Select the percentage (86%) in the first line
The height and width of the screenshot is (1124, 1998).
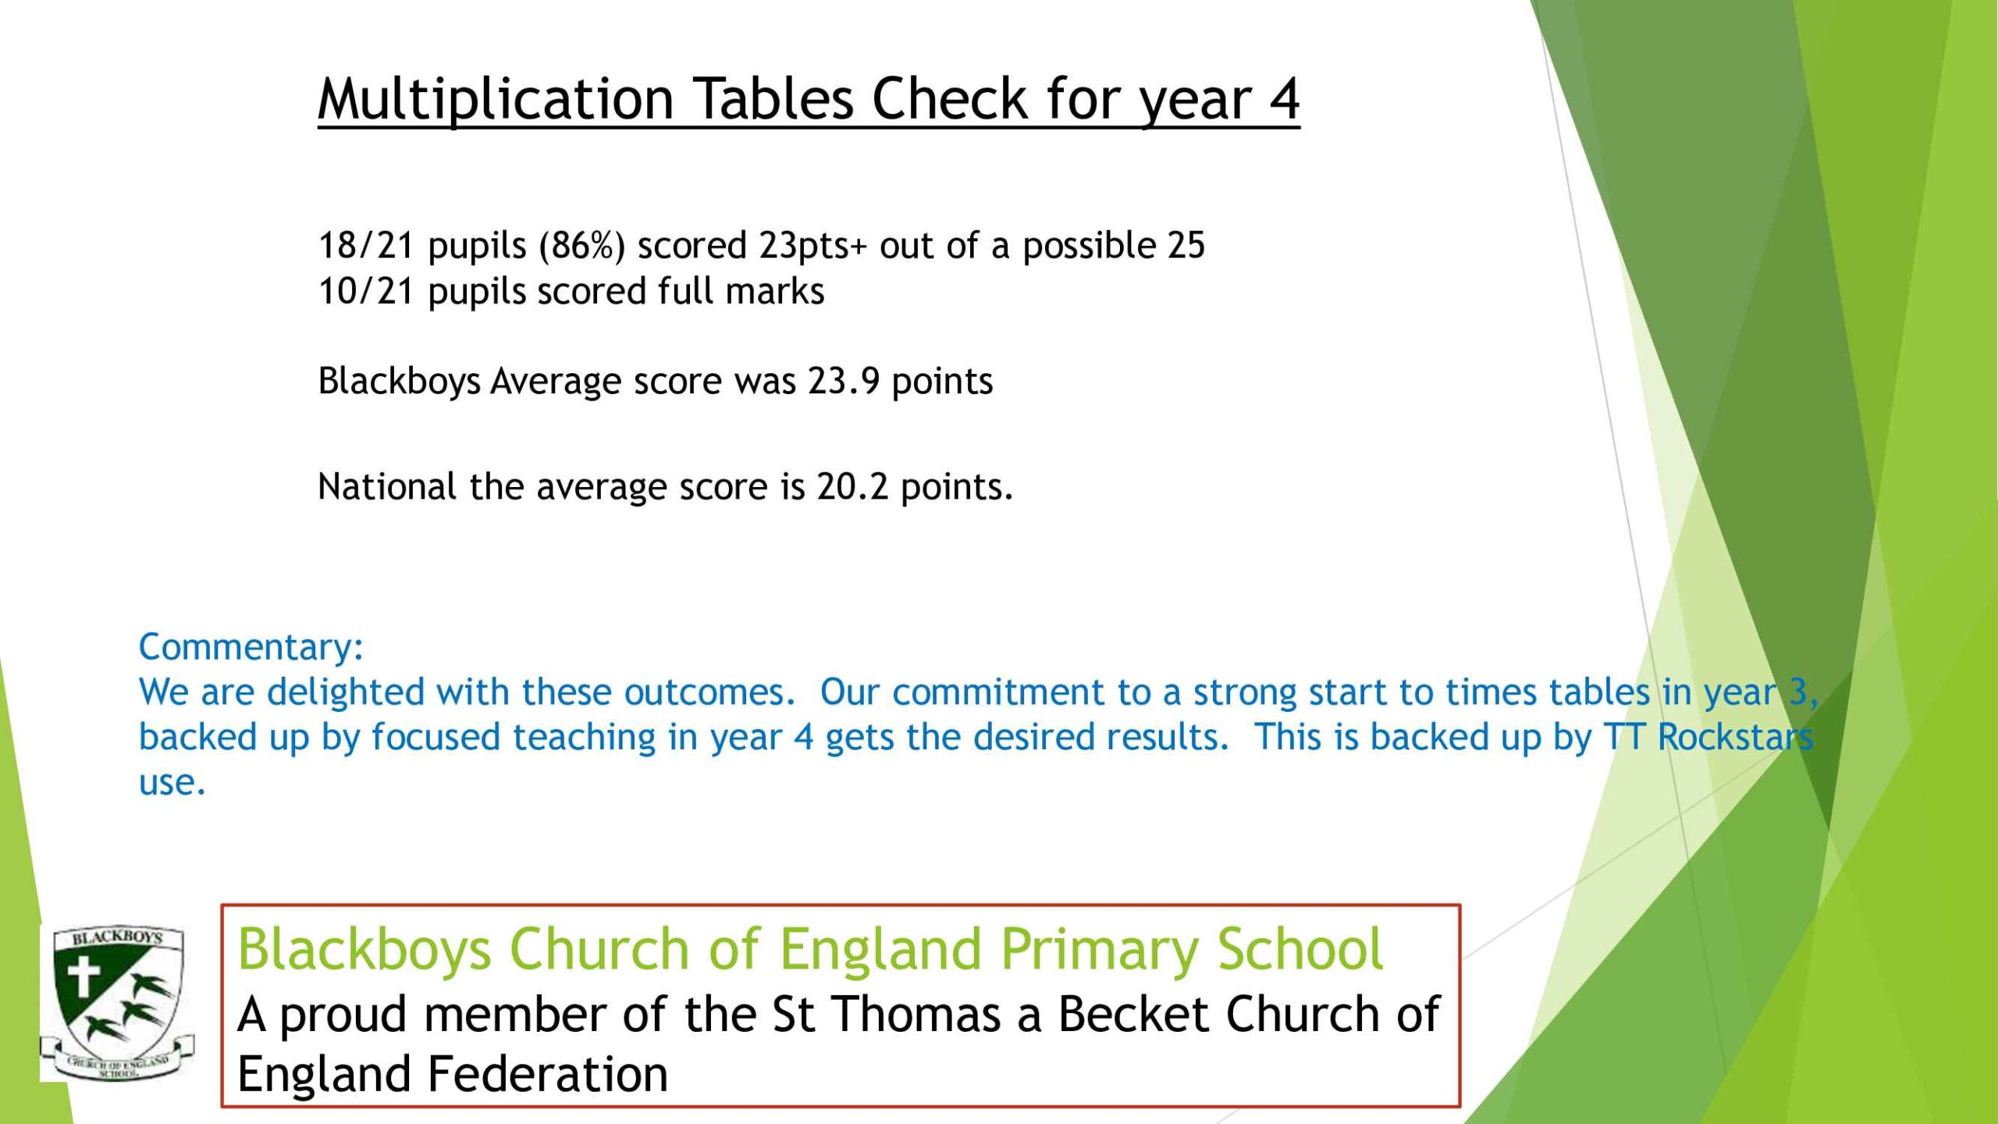coord(582,246)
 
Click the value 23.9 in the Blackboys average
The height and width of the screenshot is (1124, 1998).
coord(844,382)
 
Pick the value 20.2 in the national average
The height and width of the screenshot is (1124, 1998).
coord(852,487)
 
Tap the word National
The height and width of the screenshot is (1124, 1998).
coord(387,487)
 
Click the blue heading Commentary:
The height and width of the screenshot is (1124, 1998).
coord(251,647)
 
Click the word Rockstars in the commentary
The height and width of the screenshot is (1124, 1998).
coord(1735,737)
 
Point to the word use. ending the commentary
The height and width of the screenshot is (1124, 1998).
coord(172,783)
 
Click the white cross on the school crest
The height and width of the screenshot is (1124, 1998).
coord(84,977)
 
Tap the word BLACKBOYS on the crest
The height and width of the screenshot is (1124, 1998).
coord(117,937)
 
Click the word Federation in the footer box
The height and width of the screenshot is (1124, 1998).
coord(547,1074)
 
